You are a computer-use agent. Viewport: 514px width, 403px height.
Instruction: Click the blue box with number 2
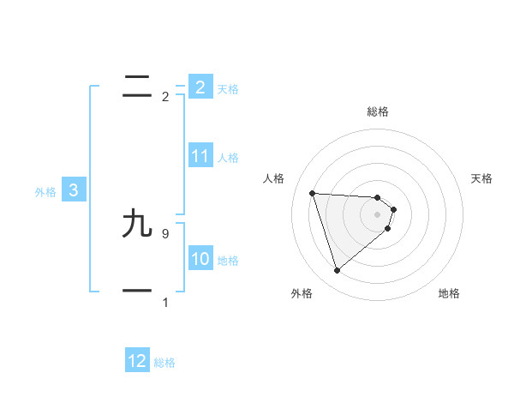click(200, 87)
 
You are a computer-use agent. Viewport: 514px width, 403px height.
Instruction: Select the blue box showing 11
click(200, 156)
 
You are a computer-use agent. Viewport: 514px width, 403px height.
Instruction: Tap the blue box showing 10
click(200, 259)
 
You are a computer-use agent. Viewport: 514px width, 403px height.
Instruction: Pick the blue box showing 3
click(74, 190)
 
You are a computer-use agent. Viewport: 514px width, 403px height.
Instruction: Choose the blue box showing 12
click(137, 361)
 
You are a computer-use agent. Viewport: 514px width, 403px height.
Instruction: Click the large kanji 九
click(138, 225)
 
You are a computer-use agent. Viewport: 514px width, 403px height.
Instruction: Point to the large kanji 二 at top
click(138, 87)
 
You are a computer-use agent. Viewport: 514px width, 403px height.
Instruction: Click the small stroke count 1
click(164, 303)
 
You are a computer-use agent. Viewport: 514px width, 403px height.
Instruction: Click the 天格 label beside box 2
click(227, 89)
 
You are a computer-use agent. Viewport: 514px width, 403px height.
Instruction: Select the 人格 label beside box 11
click(227, 158)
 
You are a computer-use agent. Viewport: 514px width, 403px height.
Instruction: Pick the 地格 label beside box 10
click(227, 261)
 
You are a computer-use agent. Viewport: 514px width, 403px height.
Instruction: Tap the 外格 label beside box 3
click(45, 192)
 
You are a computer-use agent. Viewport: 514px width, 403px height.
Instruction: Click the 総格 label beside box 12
click(164, 363)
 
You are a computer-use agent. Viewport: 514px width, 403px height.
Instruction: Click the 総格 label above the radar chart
click(378, 111)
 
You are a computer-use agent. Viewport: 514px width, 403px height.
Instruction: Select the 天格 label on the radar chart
click(481, 178)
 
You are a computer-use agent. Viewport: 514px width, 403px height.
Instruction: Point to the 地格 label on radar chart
click(449, 293)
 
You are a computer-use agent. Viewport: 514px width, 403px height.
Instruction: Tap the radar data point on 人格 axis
click(313, 193)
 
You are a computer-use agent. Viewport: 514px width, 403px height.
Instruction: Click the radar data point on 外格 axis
click(337, 271)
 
